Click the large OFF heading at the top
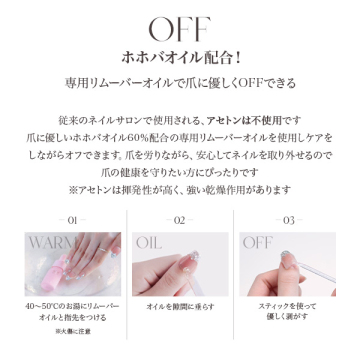click(x=179, y=27)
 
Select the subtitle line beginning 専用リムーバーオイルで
click(x=179, y=82)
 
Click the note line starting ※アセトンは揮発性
click(x=180, y=189)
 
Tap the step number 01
click(x=66, y=220)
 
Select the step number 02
click(x=179, y=220)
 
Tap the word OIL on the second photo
click(x=149, y=243)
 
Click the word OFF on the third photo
click(x=257, y=243)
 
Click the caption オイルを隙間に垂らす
click(x=179, y=307)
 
